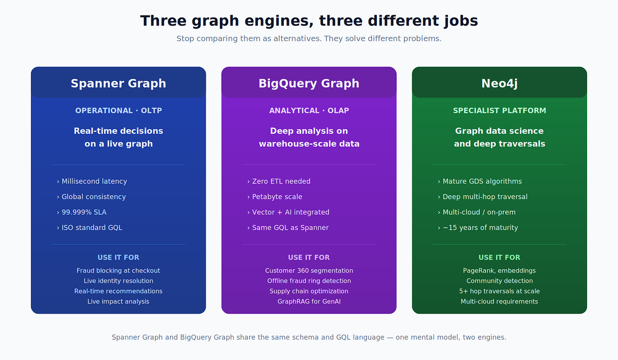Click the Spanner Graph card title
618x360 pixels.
coord(118,84)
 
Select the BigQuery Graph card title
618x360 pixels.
coord(309,84)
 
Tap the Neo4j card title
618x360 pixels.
coord(499,84)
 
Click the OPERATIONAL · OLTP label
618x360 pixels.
coord(118,111)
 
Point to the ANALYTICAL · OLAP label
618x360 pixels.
coord(309,111)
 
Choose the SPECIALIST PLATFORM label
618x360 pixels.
coord(499,111)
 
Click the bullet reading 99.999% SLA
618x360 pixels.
coord(82,212)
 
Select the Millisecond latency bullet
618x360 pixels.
coord(92,181)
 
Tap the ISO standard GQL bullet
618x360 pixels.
coord(89,228)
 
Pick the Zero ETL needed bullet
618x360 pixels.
coord(279,181)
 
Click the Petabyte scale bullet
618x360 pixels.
coord(275,197)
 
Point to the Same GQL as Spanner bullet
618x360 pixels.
coord(288,228)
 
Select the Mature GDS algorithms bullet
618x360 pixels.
coord(480,181)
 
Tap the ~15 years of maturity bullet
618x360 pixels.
coord(478,228)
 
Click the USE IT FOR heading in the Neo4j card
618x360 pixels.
coord(499,258)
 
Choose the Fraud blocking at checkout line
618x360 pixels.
coord(118,271)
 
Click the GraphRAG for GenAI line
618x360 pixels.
coord(309,302)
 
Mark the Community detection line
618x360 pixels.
coord(499,281)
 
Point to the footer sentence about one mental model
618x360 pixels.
coord(309,337)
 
